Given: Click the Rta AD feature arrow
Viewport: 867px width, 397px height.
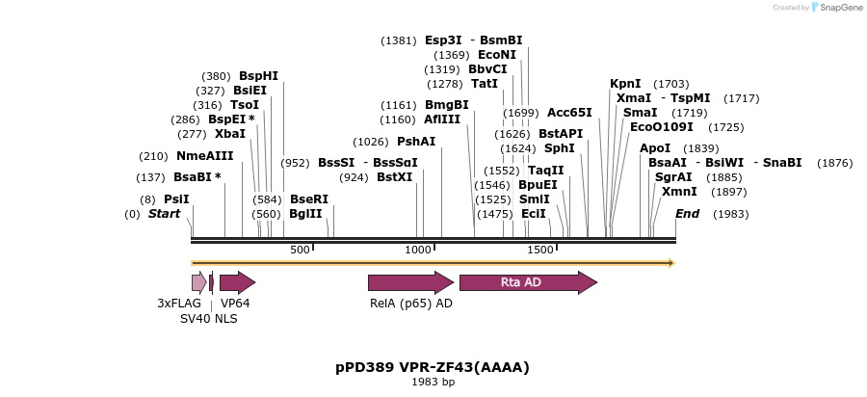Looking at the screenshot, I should click(527, 282).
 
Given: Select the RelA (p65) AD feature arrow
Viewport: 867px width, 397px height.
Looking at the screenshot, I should click(409, 282).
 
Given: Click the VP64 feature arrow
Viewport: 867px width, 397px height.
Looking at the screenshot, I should click(236, 282).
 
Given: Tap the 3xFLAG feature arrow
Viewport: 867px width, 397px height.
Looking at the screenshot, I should click(198, 282).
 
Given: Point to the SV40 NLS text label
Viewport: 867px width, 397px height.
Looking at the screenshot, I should click(208, 318).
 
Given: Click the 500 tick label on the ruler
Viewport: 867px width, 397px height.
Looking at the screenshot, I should click(300, 251).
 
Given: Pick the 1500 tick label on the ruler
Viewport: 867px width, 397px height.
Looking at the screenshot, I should click(540, 251).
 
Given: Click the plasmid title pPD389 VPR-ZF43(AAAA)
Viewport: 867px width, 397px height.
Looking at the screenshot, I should click(433, 367).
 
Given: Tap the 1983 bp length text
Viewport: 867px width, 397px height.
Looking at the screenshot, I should click(433, 383).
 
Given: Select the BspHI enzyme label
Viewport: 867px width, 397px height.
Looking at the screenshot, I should click(258, 76).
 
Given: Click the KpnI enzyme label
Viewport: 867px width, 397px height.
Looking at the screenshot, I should click(625, 84).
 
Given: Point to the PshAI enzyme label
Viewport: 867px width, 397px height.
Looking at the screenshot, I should click(416, 142).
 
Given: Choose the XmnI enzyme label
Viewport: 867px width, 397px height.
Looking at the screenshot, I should click(678, 192).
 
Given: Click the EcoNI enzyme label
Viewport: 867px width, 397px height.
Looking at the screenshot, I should click(497, 55).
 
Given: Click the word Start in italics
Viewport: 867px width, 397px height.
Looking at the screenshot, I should click(164, 214).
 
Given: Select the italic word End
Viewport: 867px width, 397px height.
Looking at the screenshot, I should click(687, 214).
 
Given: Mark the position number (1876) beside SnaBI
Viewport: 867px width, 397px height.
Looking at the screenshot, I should click(834, 163).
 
